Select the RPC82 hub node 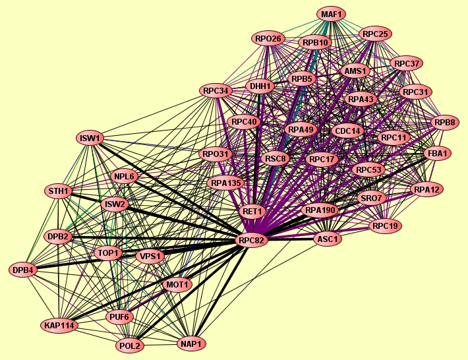252,241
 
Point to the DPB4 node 25,270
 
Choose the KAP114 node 59,326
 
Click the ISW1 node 90,138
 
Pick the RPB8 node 444,122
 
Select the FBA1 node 438,154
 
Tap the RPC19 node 385,226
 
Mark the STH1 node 59,191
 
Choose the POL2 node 130,345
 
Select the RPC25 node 376,34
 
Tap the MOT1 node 177,285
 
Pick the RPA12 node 426,190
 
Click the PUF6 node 120,317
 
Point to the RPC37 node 407,63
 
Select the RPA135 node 226,183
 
